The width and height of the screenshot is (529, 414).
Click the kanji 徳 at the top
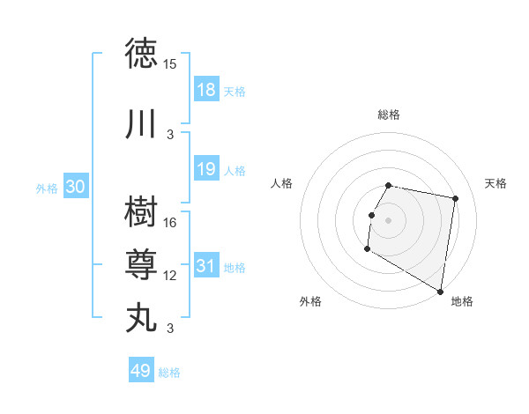pos(142,54)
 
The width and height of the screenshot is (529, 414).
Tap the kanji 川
pos(142,124)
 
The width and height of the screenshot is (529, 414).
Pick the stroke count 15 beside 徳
pos(170,64)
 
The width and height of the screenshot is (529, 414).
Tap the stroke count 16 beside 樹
pos(170,223)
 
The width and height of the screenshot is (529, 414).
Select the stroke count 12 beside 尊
pos(170,276)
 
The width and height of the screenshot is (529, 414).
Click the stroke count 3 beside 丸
pos(170,329)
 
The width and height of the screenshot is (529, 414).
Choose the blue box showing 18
pos(205,90)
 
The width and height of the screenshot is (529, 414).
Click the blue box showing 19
pos(205,169)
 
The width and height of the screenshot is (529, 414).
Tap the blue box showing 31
pos(205,266)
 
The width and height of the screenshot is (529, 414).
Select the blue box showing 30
pos(75,187)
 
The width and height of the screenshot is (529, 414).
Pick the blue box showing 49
pos(140,371)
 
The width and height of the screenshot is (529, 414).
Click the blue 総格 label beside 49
pos(169,373)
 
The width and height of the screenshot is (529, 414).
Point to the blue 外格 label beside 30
pos(47,188)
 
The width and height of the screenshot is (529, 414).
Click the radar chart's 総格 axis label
pos(389,115)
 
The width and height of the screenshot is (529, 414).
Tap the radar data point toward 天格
pos(455,199)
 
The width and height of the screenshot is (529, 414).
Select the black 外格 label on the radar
pos(310,301)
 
